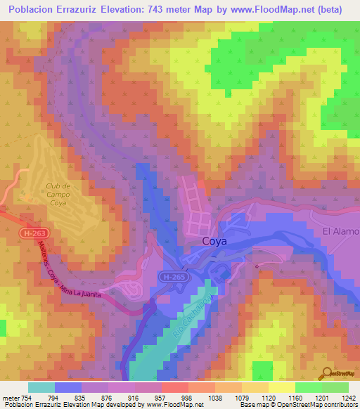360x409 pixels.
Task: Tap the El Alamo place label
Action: [x=340, y=231]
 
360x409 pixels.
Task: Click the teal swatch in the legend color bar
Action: [x=41, y=388]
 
